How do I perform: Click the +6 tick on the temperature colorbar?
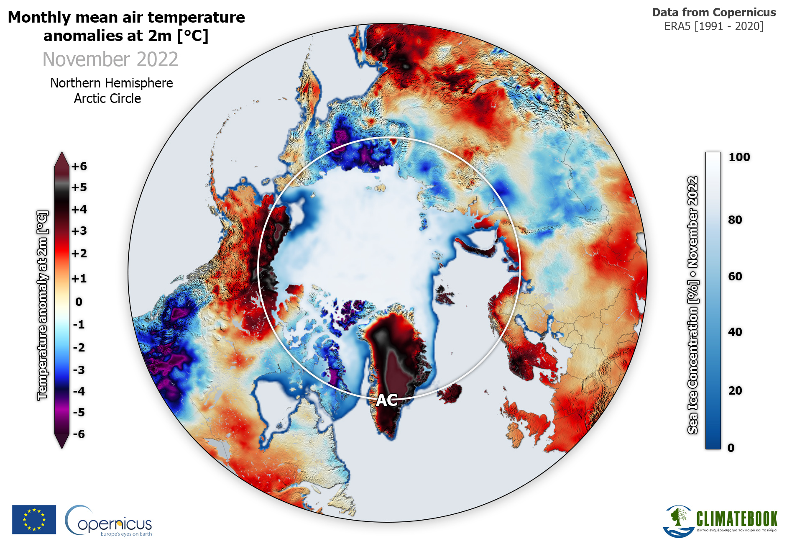79,167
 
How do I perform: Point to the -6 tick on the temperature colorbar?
79,434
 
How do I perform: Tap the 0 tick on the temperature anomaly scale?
79,302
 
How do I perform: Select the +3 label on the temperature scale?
79,231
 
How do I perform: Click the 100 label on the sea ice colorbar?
739,157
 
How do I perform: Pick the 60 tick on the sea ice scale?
735,277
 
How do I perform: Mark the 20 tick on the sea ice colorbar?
735,391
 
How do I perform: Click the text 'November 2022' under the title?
110,59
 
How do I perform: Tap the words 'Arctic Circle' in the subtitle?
107,99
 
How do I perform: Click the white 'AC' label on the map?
387,400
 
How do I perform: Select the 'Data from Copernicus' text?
714,13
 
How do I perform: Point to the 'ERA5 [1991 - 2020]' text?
714,26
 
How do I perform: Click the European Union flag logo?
34,519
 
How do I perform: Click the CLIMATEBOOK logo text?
736,519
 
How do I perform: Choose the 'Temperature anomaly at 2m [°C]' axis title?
42,305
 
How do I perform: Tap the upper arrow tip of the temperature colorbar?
62,153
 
